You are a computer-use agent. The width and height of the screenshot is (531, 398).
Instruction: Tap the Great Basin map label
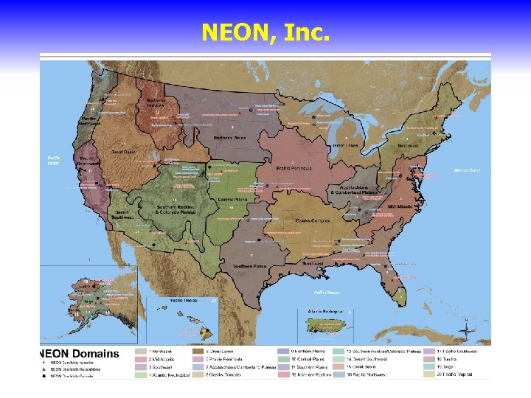tap(123, 153)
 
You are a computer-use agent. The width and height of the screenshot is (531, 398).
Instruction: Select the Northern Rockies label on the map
tap(156, 103)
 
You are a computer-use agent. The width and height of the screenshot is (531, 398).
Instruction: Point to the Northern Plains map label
tap(229, 138)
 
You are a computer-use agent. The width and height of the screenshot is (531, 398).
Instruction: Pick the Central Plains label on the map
tap(232, 200)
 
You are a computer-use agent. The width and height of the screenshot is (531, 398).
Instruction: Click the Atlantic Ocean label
tap(466, 170)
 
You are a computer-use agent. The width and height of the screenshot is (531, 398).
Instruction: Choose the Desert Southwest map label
tap(122, 217)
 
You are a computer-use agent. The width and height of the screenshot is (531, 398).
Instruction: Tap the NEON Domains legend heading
tap(79, 354)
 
